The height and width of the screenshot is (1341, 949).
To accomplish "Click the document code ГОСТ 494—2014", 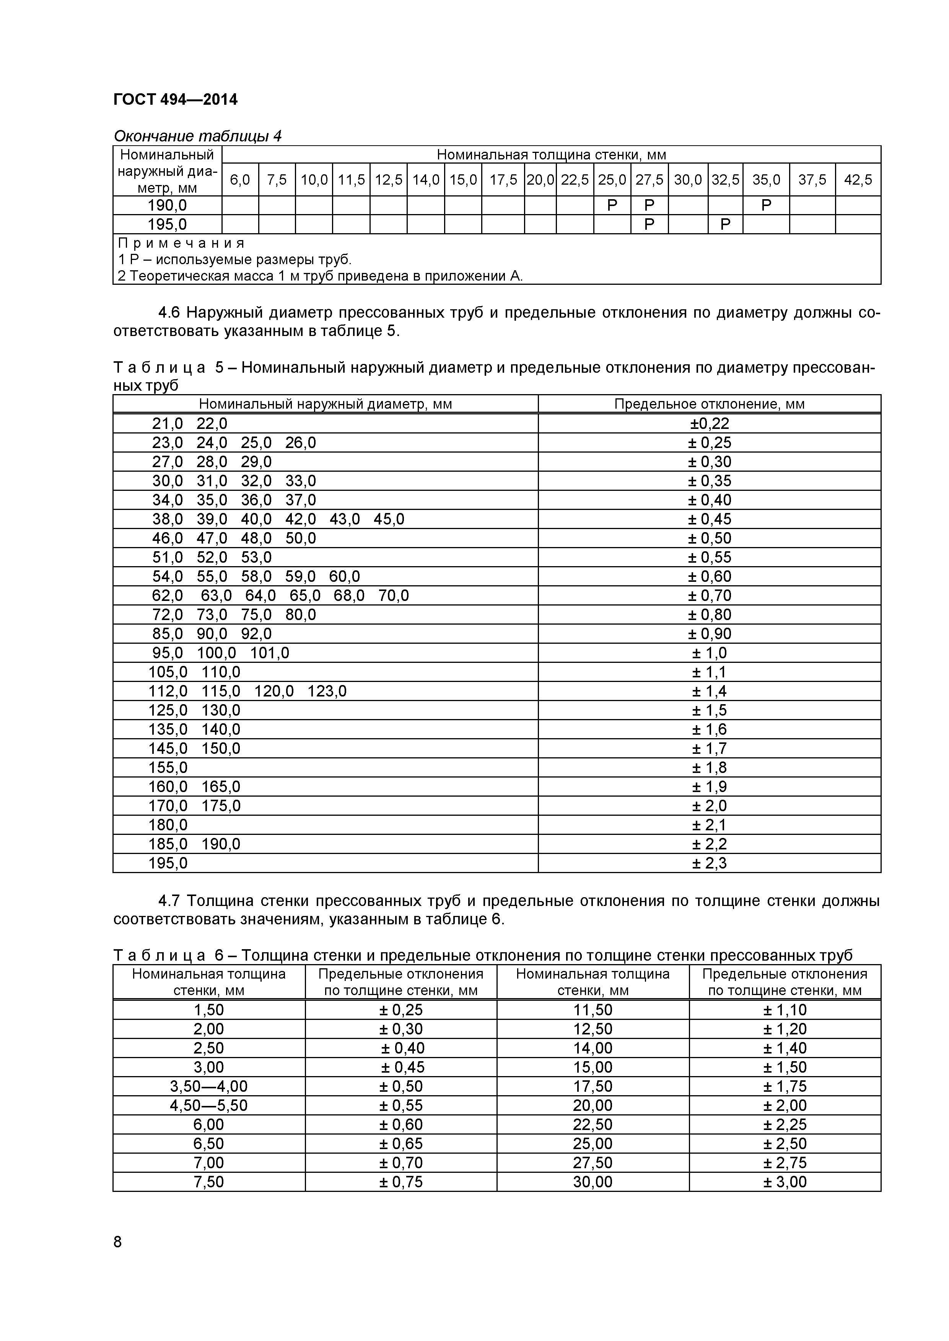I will pyautogui.click(x=175, y=100).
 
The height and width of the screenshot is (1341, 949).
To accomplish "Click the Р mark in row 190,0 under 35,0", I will pyautogui.click(x=766, y=205).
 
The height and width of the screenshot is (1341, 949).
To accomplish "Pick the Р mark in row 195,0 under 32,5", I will pyautogui.click(x=725, y=224).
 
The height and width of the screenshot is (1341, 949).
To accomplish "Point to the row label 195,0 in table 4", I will pyautogui.click(x=167, y=224).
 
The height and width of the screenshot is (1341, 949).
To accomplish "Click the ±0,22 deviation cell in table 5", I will pyautogui.click(x=710, y=424).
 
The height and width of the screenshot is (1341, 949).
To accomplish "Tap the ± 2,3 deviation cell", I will pyautogui.click(x=710, y=863).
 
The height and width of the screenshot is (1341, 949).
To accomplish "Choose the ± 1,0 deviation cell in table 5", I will pyautogui.click(x=710, y=653).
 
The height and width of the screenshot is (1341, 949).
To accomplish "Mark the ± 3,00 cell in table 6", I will pyautogui.click(x=785, y=1182).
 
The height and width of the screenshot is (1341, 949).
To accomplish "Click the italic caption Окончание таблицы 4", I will pyautogui.click(x=197, y=136).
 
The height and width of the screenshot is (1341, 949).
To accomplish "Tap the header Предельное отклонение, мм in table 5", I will pyautogui.click(x=710, y=404).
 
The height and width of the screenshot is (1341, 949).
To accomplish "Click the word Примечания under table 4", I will pyautogui.click(x=181, y=243).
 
